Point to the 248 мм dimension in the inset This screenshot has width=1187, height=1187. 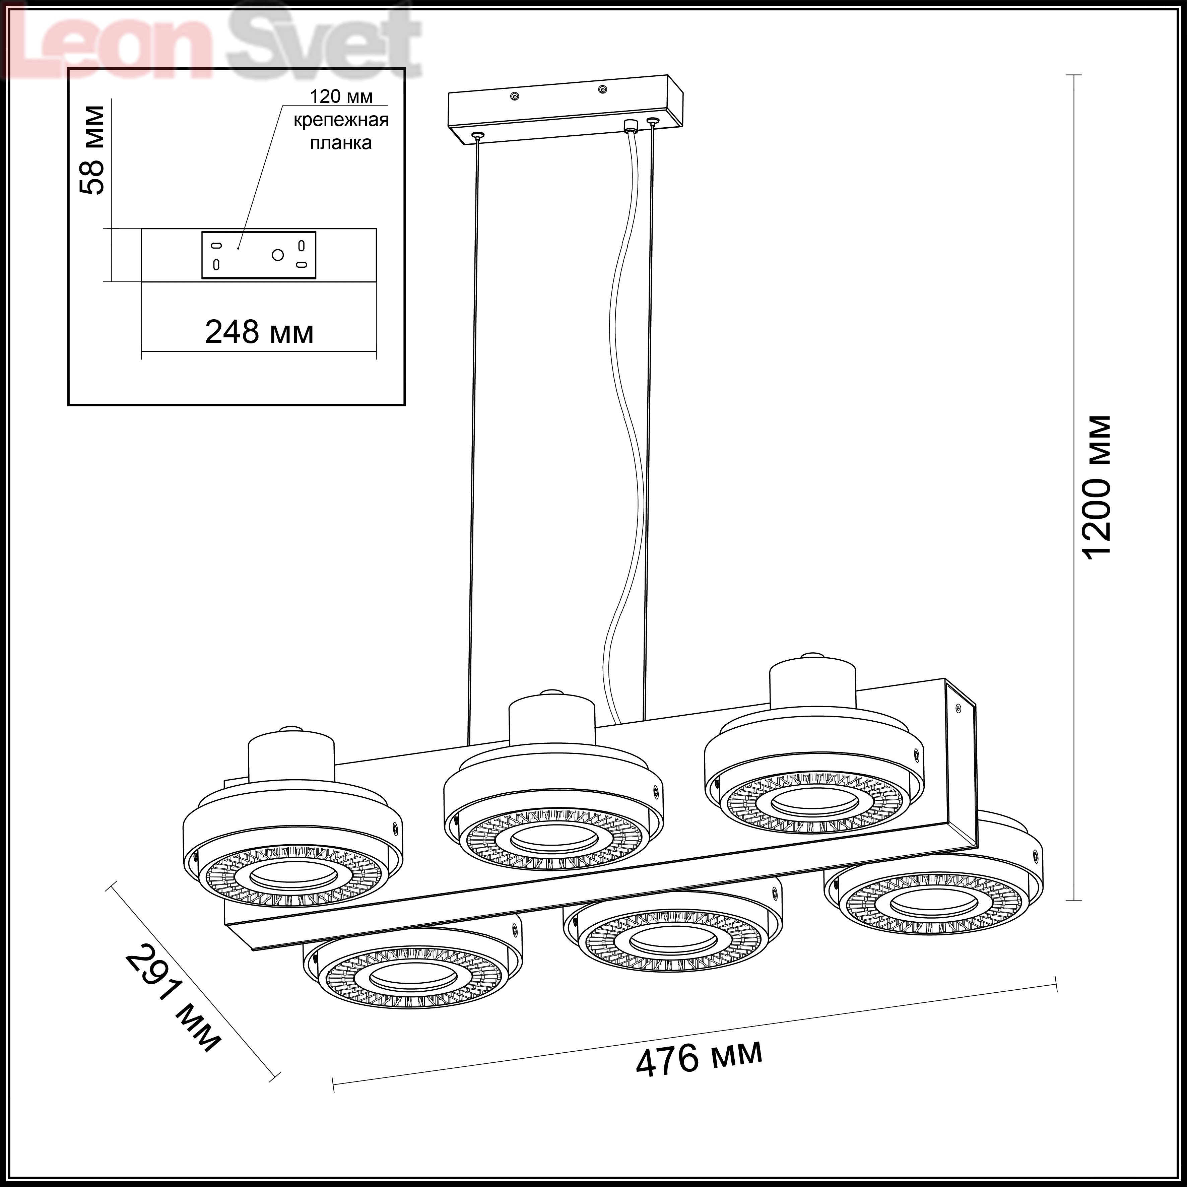click(x=259, y=332)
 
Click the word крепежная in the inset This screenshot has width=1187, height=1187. click(x=341, y=120)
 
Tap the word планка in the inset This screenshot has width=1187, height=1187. click(x=341, y=143)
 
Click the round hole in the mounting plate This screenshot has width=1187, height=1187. click(x=278, y=254)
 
